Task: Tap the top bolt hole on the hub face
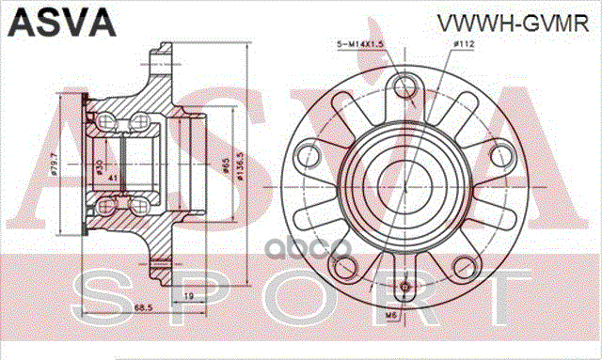point(406,87)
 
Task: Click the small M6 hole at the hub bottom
point(406,286)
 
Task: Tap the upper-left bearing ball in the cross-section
point(109,120)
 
